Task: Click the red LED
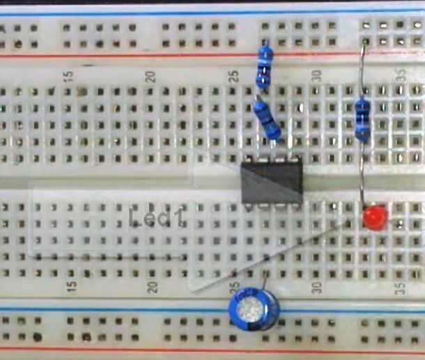coord(375,219)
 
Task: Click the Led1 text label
coord(158,217)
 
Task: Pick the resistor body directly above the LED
coord(363,118)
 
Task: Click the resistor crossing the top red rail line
coord(263,64)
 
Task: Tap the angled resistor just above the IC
coord(268,120)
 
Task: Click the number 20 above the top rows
coord(152,76)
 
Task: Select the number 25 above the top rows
coord(235,76)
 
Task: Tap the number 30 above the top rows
coord(318,76)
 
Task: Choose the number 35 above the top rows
coord(401,76)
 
